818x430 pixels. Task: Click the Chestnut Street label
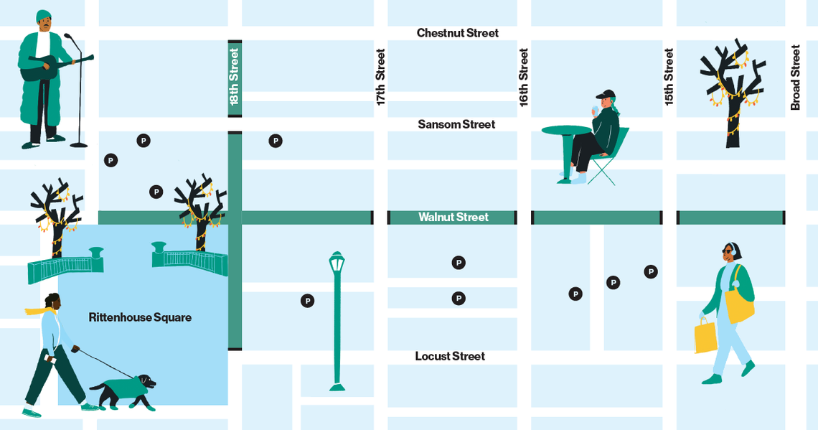click(x=457, y=33)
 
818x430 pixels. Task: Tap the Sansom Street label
click(x=456, y=124)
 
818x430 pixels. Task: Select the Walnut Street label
click(x=453, y=217)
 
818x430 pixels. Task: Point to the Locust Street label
click(x=450, y=356)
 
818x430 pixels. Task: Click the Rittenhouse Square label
click(x=140, y=317)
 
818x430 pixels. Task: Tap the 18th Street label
click(x=234, y=77)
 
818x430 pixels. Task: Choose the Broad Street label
click(x=795, y=77)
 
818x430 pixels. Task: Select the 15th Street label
click(x=669, y=77)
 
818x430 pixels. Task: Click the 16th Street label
click(x=524, y=77)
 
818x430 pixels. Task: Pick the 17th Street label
click(x=380, y=77)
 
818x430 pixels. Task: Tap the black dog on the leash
click(x=122, y=391)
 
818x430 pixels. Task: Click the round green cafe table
click(x=565, y=131)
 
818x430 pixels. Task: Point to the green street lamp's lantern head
click(x=337, y=263)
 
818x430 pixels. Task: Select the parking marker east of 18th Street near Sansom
click(x=276, y=141)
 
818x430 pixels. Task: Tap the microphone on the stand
click(x=68, y=36)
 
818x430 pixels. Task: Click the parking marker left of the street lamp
click(x=307, y=301)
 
